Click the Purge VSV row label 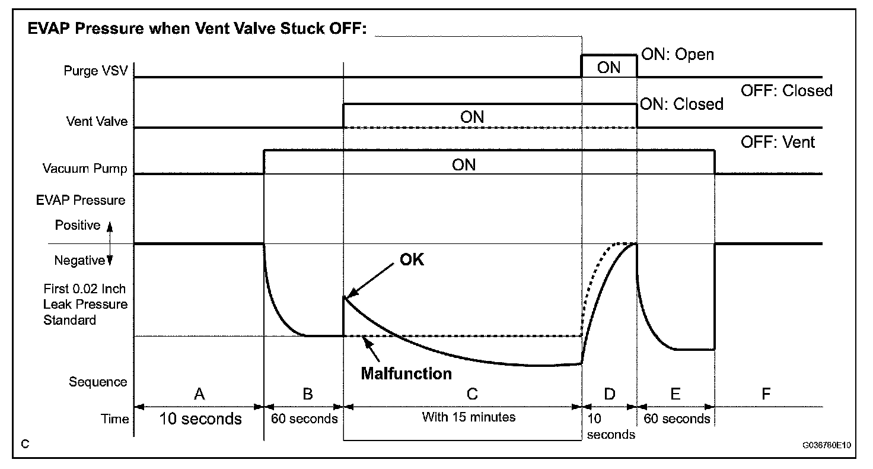[95, 71]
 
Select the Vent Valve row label [97, 121]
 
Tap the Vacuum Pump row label [85, 169]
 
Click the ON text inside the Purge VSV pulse [608, 68]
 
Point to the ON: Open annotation [677, 54]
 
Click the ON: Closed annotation [681, 104]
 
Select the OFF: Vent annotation [778, 142]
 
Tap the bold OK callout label [412, 259]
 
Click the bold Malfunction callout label [406, 374]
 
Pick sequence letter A [199, 394]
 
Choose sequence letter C [472, 394]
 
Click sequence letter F [766, 394]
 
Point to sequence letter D [610, 394]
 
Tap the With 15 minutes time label [469, 417]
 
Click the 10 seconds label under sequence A [200, 419]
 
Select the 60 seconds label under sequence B [304, 419]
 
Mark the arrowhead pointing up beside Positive [110, 227]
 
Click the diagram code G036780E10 [827, 445]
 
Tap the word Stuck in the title [302, 28]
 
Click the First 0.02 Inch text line [85, 289]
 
